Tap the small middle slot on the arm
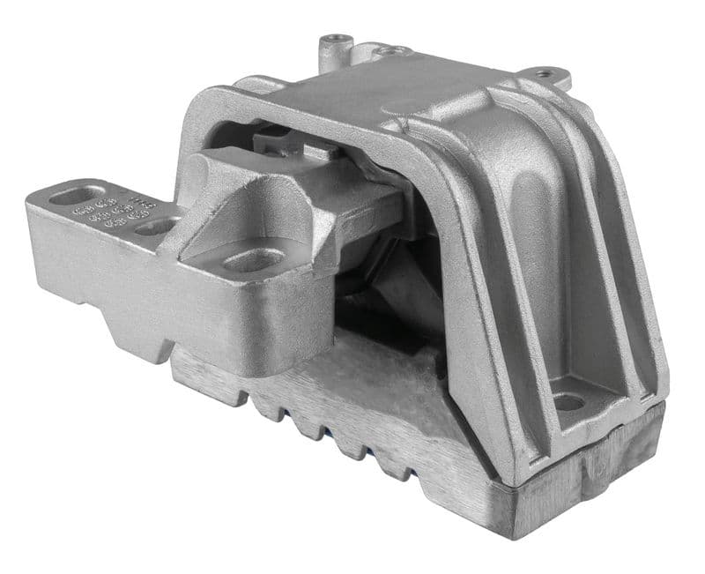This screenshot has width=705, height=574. click(x=157, y=227)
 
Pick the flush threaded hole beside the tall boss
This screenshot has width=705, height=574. click(x=388, y=52)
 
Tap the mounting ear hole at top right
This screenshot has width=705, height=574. click(x=545, y=74)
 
